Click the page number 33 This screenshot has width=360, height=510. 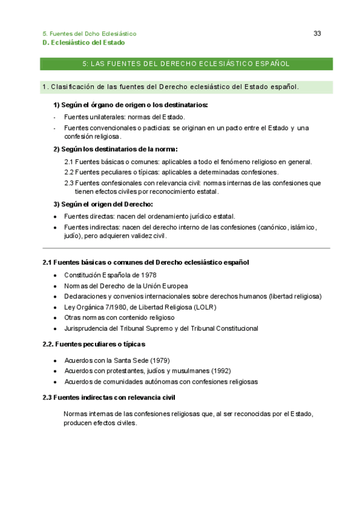[x=317, y=34]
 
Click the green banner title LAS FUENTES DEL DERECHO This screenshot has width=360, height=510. [x=186, y=63]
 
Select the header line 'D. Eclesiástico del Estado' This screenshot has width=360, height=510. [x=84, y=43]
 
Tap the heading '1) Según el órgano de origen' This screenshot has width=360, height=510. [x=130, y=105]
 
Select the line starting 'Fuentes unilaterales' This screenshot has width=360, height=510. [x=124, y=117]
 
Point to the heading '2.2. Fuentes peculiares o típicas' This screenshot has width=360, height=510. [x=93, y=344]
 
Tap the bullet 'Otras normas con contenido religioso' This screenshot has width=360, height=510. [x=119, y=318]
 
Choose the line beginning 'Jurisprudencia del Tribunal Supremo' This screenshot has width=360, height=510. [x=161, y=328]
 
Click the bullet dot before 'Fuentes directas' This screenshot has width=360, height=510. [x=55, y=217]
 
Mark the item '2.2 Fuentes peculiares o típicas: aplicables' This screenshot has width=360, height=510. [x=171, y=172]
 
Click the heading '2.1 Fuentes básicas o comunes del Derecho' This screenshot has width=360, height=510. [x=145, y=263]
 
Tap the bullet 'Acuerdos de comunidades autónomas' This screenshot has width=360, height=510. [x=161, y=381]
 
